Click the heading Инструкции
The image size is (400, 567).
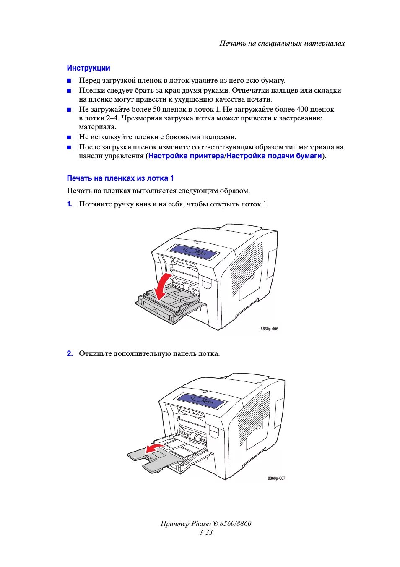click(88, 68)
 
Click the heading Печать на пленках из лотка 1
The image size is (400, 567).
click(120, 178)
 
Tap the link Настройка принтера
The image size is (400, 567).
click(186, 156)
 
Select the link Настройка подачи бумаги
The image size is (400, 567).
click(274, 156)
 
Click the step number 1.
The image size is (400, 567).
click(70, 204)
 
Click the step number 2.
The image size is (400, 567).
click(70, 353)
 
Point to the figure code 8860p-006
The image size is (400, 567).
click(269, 329)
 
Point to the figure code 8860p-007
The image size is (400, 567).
click(276, 478)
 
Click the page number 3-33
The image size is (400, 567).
click(206, 532)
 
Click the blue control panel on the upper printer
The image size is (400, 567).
click(194, 251)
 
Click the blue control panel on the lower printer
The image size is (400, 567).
click(202, 400)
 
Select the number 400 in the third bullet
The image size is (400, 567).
click(302, 109)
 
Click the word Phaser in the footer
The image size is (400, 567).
click(201, 523)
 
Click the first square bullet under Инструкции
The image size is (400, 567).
click(69, 81)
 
